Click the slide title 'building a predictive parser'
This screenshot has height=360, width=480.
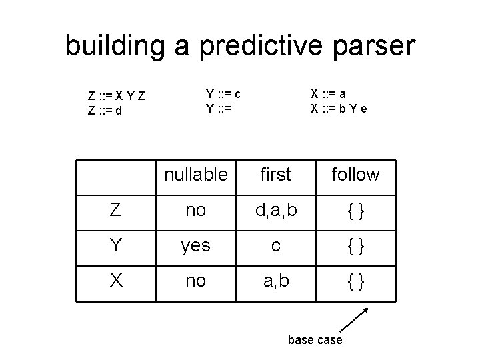[x=240, y=46]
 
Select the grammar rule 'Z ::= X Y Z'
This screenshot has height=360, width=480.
[x=117, y=97]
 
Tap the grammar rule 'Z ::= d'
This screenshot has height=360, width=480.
[x=105, y=111]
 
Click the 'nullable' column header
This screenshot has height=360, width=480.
[x=195, y=175]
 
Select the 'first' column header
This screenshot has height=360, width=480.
[x=275, y=175]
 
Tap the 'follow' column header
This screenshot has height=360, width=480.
[x=355, y=175]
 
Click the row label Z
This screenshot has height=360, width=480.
[x=115, y=211]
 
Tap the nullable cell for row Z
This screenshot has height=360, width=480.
[x=195, y=211]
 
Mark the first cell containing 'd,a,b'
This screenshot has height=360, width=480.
[x=275, y=211]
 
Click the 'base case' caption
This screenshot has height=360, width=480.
[x=315, y=340]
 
